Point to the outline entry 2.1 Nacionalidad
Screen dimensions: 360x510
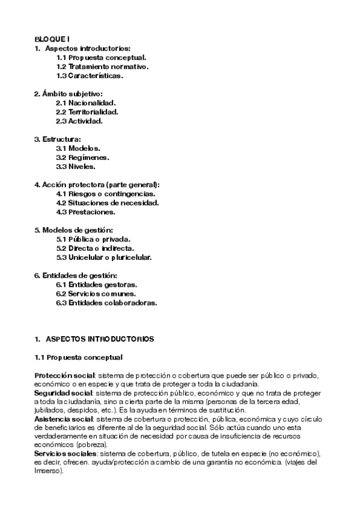pos(86,103)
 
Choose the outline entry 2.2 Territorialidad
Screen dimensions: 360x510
pos(87,112)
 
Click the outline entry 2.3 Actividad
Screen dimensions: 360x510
pos(79,121)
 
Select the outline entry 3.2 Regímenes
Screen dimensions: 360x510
pos(83,158)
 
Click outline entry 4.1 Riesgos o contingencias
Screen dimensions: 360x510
pos(106,194)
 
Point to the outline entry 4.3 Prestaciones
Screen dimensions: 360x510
pos(86,212)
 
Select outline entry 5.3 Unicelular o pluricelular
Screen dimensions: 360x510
pos(104,257)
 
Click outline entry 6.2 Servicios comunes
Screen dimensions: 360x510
pos(96,294)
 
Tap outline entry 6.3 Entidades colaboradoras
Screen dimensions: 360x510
pos(106,303)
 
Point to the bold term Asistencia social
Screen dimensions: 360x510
pos(59,419)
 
